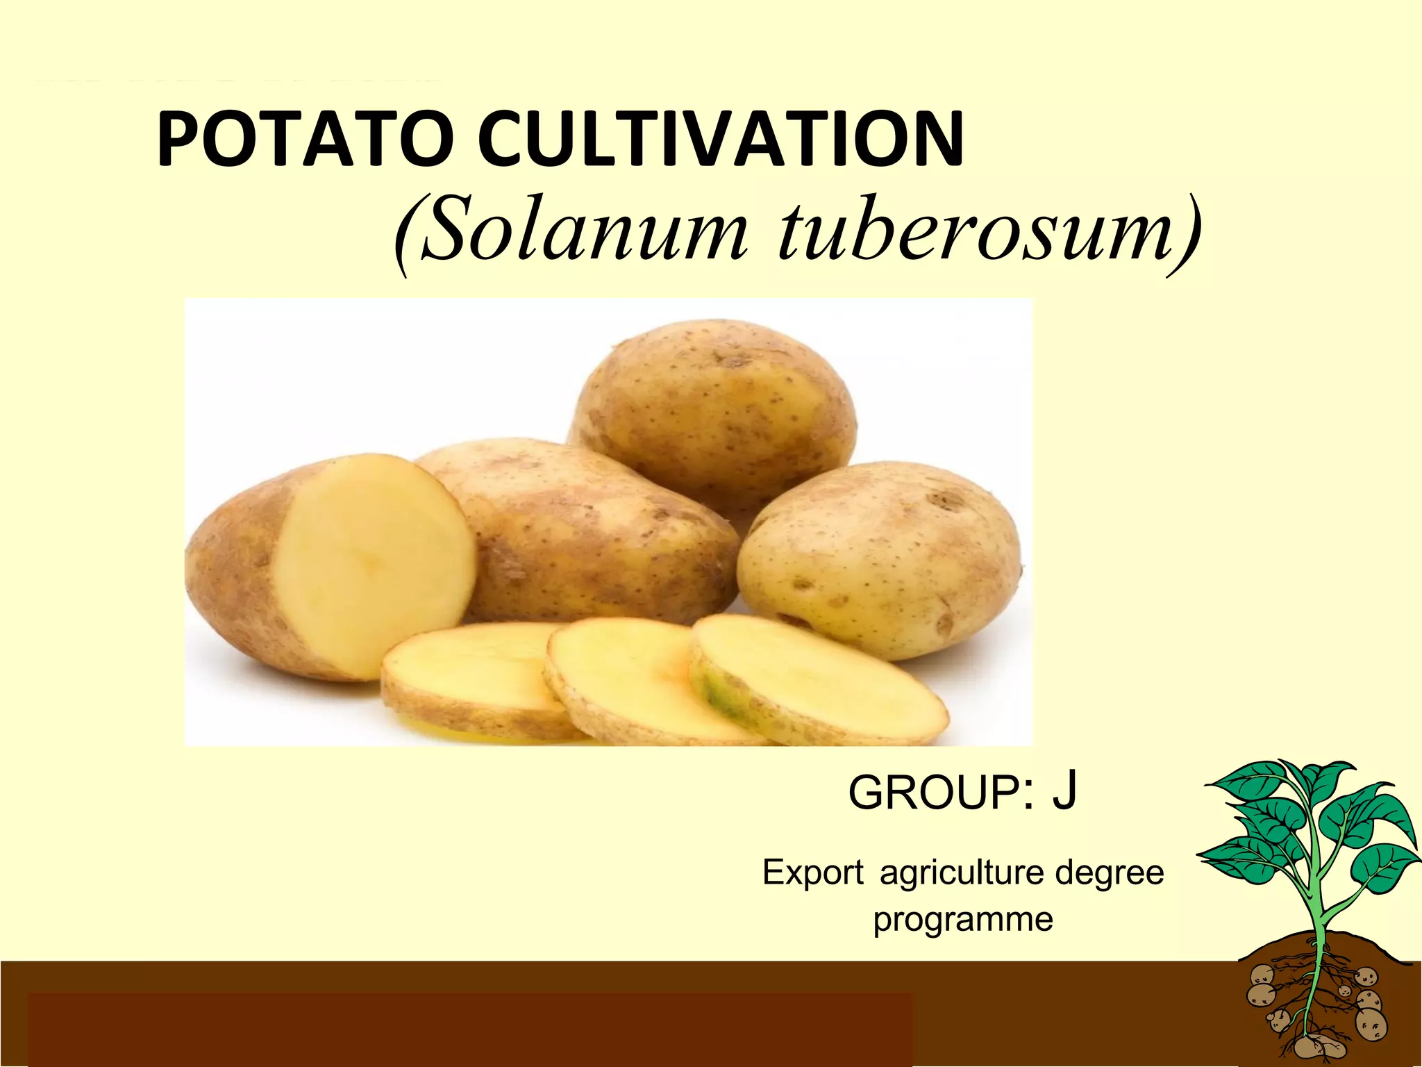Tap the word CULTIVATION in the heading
click(x=721, y=139)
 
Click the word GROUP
click(x=934, y=793)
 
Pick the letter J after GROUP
click(x=1064, y=792)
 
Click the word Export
click(x=813, y=872)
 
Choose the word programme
click(x=963, y=920)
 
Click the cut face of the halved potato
click(x=375, y=563)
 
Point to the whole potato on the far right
click(x=878, y=556)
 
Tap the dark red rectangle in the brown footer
click(x=469, y=1028)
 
